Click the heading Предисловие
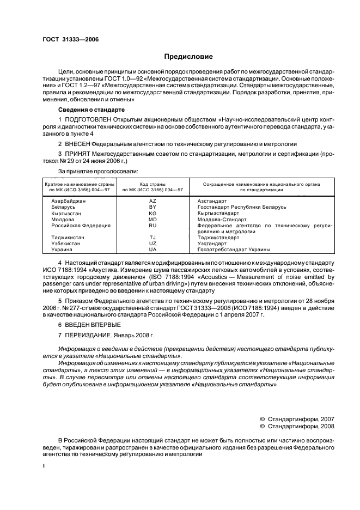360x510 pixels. [x=189, y=57]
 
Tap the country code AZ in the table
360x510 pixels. [x=152, y=201]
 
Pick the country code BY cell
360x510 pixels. [x=152, y=207]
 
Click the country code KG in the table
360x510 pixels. [x=152, y=213]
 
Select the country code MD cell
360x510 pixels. [x=152, y=219]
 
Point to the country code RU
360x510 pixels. [x=152, y=225]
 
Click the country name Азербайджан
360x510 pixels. [x=69, y=201]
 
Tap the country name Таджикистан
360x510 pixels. [x=69, y=237]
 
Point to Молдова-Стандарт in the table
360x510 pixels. [x=219, y=219]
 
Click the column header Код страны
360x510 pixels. [x=152, y=184]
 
